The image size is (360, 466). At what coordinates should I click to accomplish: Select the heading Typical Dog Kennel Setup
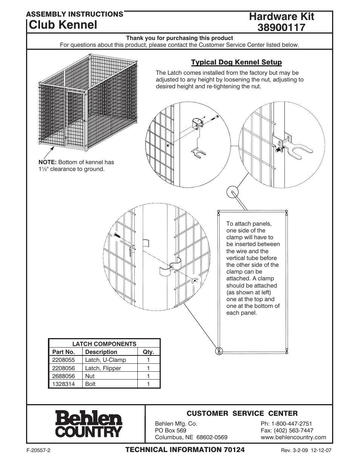point(236,62)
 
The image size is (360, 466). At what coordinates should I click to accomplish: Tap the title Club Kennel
point(63,25)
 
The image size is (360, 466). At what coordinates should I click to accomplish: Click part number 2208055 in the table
point(63,360)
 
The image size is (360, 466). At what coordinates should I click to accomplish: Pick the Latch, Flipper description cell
point(103,368)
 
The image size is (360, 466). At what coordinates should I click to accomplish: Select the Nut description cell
point(90,376)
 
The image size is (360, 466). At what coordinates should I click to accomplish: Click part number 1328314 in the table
point(63,384)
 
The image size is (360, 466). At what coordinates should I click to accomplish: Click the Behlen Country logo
point(89,424)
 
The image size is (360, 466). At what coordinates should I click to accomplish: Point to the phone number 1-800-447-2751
point(286,423)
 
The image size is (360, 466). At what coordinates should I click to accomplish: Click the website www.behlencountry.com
point(293,437)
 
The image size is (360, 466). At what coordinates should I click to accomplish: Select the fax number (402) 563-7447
point(287,430)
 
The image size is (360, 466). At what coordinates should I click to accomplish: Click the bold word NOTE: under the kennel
point(47,162)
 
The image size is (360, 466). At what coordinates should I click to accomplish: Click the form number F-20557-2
point(38,450)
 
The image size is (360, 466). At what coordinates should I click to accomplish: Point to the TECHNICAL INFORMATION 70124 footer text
point(185,449)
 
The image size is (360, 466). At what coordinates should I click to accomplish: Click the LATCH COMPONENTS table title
point(104,344)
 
